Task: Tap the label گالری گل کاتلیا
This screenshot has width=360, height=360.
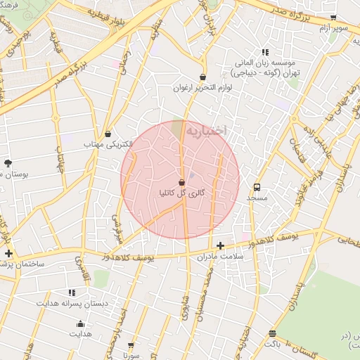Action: click(182, 193)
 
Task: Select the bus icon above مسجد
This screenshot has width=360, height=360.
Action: click(257, 188)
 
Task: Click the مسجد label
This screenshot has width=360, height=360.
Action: click(257, 198)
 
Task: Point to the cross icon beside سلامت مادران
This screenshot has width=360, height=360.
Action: click(221, 245)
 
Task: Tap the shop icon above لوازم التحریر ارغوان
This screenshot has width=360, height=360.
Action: click(203, 77)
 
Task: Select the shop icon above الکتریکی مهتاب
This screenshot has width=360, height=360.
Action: click(108, 134)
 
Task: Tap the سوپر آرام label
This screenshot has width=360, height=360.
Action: click(334, 27)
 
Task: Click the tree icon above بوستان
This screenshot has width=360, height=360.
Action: click(8, 162)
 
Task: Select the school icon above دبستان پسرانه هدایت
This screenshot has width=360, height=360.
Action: click(72, 292)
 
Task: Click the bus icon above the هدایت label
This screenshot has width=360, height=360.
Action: click(80, 323)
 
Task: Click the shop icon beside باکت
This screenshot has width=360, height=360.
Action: click(273, 334)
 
